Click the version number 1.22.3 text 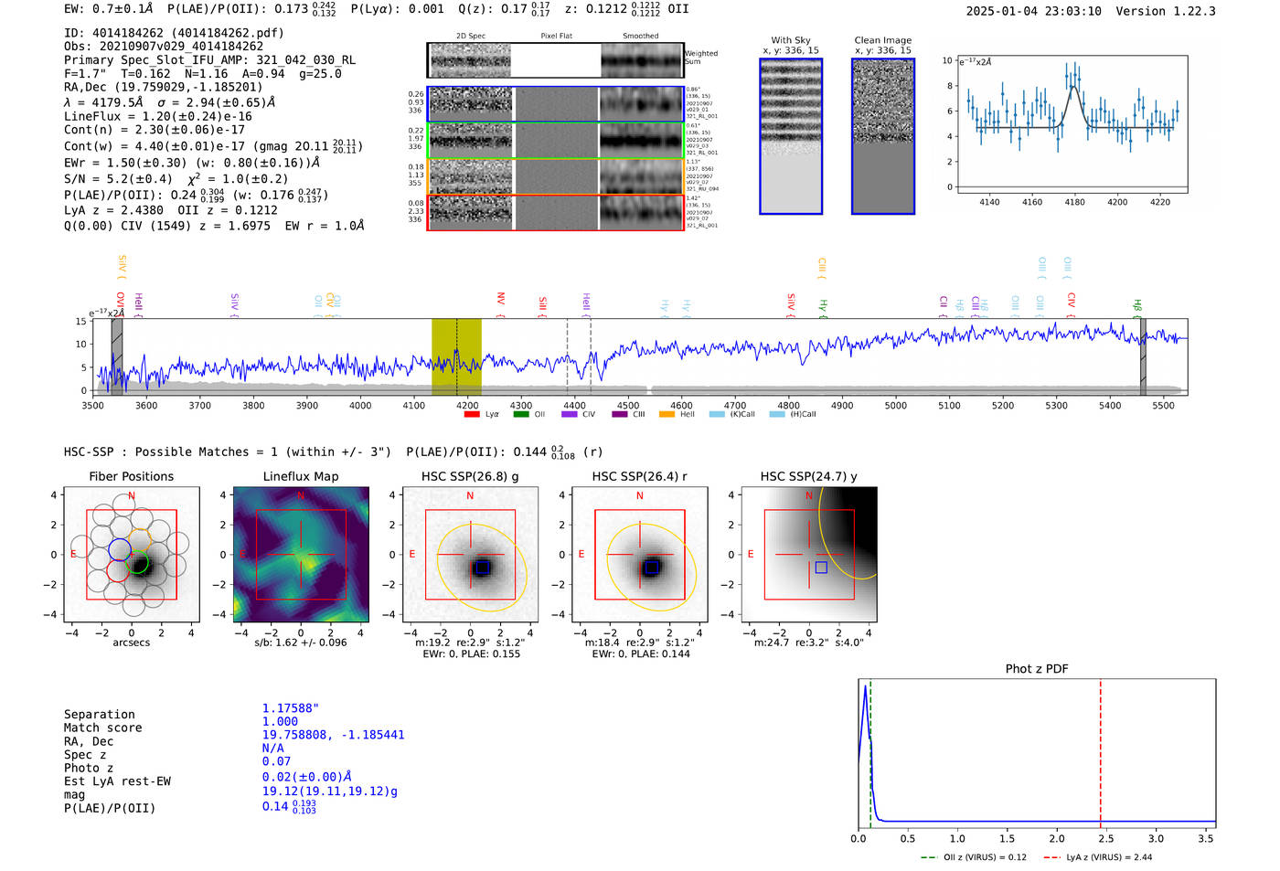pos(1185,12)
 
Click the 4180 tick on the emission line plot pos(1074,202)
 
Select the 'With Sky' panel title pos(790,40)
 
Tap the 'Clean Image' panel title pos(882,40)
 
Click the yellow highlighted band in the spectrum pos(456,356)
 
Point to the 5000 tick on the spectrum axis pos(896,405)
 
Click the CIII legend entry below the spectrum pos(638,415)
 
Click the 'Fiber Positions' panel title pos(131,476)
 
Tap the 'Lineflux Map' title pos(300,476)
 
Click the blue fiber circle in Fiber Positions pos(120,549)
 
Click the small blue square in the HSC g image pos(483,568)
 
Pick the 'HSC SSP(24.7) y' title pos(808,476)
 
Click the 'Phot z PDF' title pos(1037,669)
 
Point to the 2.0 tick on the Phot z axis pos(1057,838)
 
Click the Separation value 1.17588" pos(290,708)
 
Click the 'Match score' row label pos(102,728)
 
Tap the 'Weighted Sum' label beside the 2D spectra pos(701,58)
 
